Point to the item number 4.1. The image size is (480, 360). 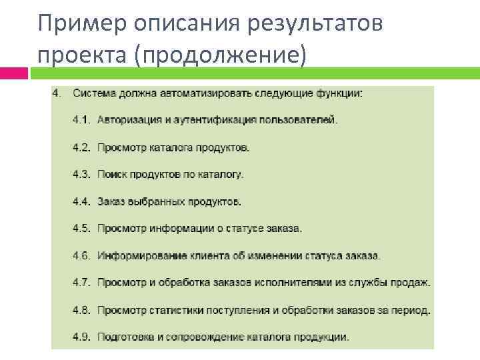coord(81,121)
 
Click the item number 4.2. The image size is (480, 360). coord(81,147)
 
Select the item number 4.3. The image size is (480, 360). coord(81,175)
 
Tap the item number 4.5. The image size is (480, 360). coord(81,229)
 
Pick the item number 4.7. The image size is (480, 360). coord(81,283)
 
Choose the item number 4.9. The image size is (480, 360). coord(81,337)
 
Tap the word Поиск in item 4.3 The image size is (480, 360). coord(111,175)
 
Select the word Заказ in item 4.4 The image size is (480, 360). coord(111,201)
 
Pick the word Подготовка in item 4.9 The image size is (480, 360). coord(122,337)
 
